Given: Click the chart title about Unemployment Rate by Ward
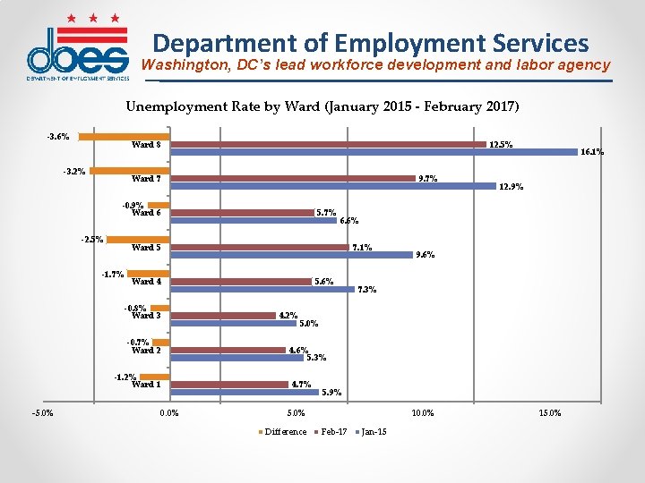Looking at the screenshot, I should click(x=322, y=106).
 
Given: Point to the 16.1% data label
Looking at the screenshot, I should click(x=591, y=152).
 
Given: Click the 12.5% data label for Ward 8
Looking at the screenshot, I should click(x=501, y=144).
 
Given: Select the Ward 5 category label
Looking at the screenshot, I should click(x=146, y=248).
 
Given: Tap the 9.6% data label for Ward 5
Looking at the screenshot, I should click(x=425, y=255).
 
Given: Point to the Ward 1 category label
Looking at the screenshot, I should click(x=146, y=385).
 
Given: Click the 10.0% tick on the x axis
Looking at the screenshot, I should click(x=423, y=413).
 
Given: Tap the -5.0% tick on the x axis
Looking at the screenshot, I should click(x=42, y=413).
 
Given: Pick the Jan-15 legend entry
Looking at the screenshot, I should click(x=373, y=432).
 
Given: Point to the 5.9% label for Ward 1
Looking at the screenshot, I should click(x=331, y=392).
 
